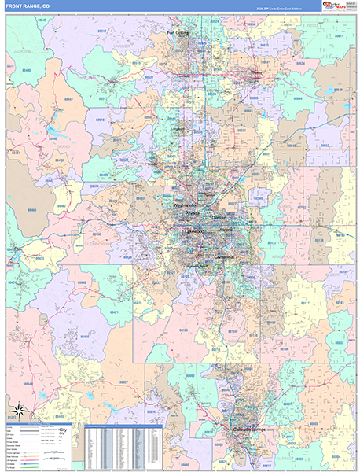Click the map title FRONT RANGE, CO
pos(28,6)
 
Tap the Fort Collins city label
pos(178,33)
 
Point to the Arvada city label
pos(194,213)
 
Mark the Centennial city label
pos(225,257)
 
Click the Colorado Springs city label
pos(250,430)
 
